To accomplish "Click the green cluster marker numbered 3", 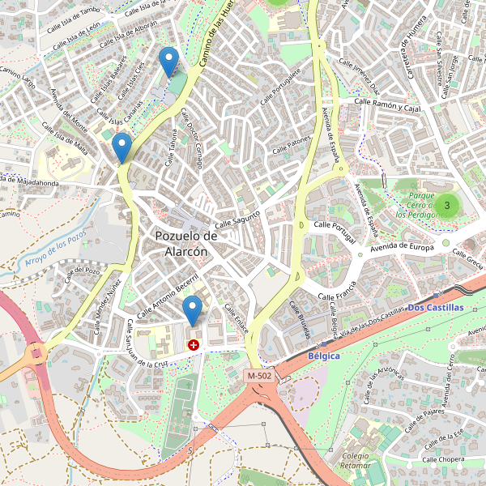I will tap(446, 206).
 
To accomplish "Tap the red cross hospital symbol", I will tap(194, 345).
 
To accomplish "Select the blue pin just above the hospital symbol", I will tap(192, 310).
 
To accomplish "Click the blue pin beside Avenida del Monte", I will tap(122, 147).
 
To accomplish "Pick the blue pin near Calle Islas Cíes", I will tap(168, 62).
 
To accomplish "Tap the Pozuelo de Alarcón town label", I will tap(186, 243).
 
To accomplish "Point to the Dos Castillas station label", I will tap(436, 308).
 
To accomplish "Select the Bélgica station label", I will tap(324, 356).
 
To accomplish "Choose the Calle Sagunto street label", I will tap(237, 219).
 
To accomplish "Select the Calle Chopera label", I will tap(441, 459).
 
